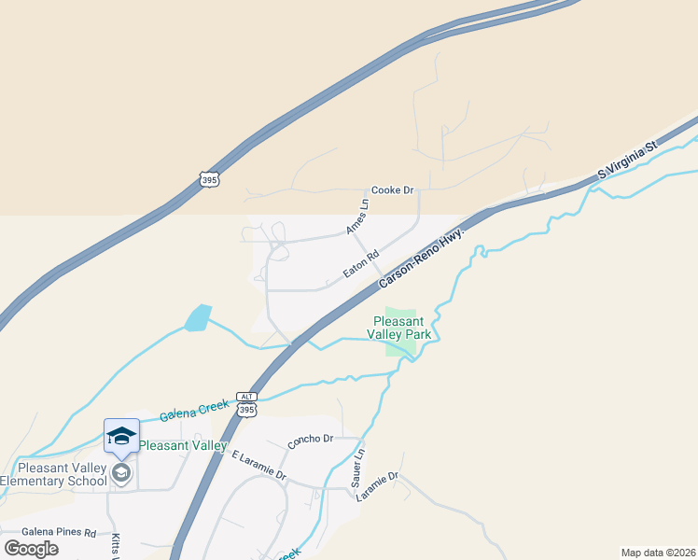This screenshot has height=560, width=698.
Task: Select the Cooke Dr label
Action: click(392, 190)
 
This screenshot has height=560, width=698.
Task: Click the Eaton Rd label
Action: click(360, 262)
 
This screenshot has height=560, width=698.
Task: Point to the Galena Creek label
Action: click(193, 409)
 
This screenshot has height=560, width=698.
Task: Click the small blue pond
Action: click(198, 318)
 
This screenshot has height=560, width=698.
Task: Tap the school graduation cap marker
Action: click(121, 436)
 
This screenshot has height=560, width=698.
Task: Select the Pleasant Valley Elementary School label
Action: click(54, 474)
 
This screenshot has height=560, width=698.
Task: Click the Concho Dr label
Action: click(310, 439)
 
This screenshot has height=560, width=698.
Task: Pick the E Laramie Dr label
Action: click(258, 464)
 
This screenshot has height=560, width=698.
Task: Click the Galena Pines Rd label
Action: click(59, 533)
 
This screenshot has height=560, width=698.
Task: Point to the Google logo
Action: click(32, 549)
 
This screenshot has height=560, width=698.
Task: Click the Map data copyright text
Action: click(658, 553)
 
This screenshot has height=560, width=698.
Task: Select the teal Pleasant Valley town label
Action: click(183, 446)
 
